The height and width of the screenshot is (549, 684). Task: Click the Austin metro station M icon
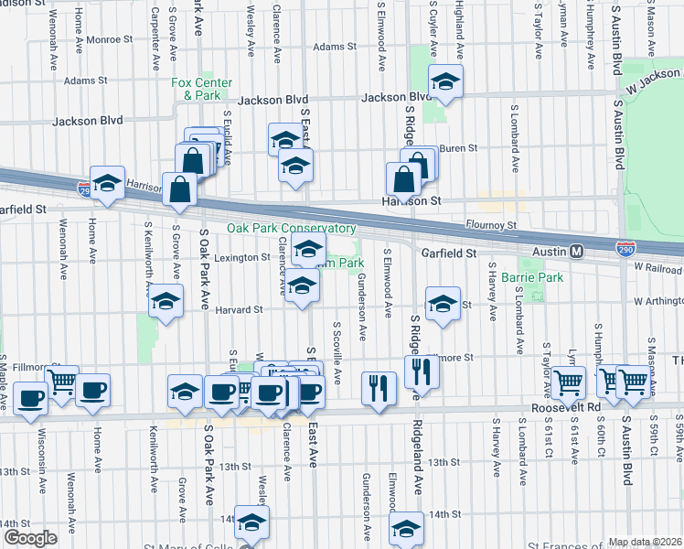pyautogui.click(x=577, y=251)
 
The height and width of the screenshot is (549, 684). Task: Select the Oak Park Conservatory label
pyautogui.click(x=291, y=228)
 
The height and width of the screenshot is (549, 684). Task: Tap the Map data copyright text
pyautogui.click(x=644, y=542)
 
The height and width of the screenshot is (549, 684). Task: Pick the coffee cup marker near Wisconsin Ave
pyautogui.click(x=30, y=398)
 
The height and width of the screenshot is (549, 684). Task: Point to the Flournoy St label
pyautogui.click(x=495, y=223)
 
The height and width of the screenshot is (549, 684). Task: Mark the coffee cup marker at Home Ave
pyautogui.click(x=92, y=391)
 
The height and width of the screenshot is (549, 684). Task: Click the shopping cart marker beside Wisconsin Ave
pyautogui.click(x=61, y=382)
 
